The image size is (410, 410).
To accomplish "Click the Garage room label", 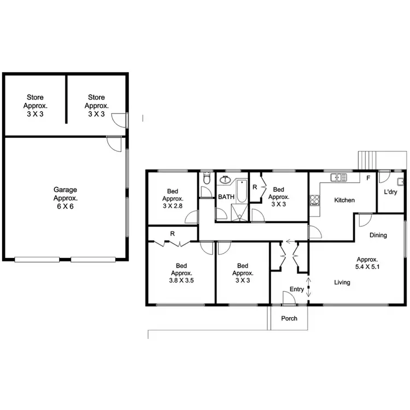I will [x=65, y=190].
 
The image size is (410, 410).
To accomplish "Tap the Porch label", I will [x=289, y=318].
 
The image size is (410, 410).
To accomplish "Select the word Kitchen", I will [x=344, y=200].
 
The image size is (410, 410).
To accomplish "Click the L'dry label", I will [x=390, y=192].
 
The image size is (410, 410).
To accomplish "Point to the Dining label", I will [x=378, y=235].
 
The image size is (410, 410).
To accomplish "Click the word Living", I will [x=342, y=283].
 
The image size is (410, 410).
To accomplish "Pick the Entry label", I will [x=297, y=289].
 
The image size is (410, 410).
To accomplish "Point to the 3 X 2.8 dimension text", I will [x=173, y=206].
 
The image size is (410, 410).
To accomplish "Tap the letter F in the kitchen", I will [x=368, y=178].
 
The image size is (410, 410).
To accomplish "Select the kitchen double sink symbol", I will [x=338, y=177].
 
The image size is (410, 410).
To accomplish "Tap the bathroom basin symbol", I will [x=225, y=180].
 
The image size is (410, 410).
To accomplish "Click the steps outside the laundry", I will [x=367, y=160].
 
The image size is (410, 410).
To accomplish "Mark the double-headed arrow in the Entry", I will [x=309, y=288].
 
